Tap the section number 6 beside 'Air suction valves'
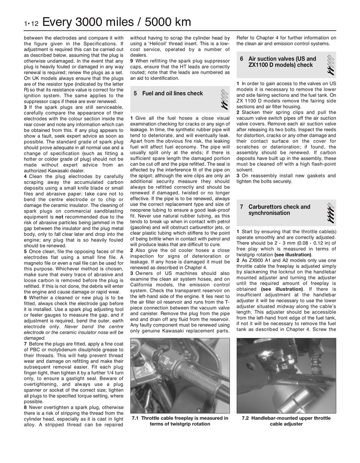[241, 59]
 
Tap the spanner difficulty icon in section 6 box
[330, 63]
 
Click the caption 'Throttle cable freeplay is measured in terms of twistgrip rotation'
[180, 421]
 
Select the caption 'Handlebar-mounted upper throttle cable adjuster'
[286, 421]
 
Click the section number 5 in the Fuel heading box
[136, 93]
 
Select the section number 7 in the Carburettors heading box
[241, 207]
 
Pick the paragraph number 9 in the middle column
[132, 61]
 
